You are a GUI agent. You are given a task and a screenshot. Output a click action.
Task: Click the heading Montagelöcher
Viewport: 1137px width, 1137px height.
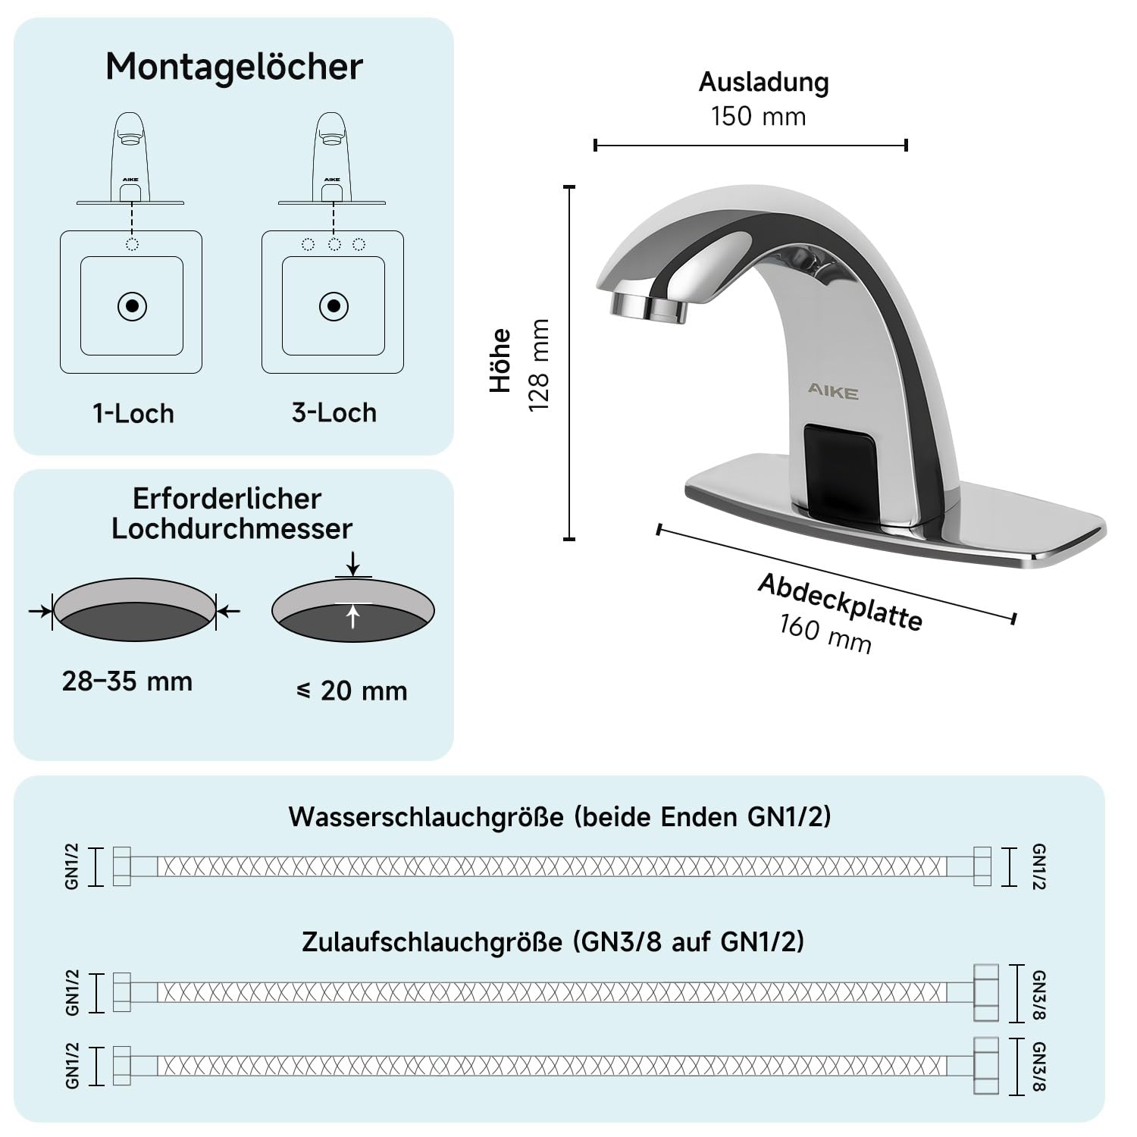234,67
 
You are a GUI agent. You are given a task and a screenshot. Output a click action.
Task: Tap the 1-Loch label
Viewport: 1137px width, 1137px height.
133,414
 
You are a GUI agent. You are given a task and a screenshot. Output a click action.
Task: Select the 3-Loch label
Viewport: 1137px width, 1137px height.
334,413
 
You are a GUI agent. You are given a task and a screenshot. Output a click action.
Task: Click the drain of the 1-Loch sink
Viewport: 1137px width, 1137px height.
133,306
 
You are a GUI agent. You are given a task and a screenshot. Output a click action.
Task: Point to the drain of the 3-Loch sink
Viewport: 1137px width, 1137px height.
334,306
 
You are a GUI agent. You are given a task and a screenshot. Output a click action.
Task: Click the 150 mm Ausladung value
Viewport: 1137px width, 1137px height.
759,117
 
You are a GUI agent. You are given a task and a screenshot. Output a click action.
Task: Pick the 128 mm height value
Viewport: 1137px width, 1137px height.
539,365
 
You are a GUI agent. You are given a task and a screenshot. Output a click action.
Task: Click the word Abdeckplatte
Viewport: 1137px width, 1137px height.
840,602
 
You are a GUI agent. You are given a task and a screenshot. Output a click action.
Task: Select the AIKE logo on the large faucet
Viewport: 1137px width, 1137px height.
832,392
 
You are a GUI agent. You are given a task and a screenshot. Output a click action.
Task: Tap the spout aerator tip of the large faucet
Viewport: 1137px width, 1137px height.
648,304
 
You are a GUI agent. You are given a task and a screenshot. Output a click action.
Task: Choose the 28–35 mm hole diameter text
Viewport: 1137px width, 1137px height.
127,681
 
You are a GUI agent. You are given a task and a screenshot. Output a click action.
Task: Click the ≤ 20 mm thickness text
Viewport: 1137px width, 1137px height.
352,691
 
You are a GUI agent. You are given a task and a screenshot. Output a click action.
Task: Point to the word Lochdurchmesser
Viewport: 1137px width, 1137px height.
232,529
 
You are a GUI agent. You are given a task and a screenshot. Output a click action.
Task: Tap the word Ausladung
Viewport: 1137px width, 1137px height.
764,83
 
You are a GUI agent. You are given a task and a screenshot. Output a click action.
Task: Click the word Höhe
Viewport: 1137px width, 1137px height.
501,360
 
